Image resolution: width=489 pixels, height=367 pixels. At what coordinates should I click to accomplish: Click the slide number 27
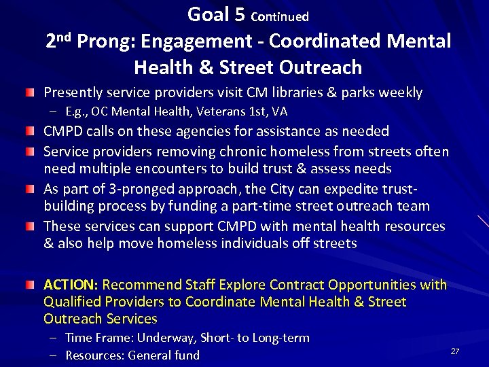click(455, 351)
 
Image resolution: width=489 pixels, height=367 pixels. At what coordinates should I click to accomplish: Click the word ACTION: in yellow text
click(71, 284)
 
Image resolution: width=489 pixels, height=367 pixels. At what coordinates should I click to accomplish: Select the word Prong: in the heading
click(107, 41)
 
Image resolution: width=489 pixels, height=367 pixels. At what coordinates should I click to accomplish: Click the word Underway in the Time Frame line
click(164, 338)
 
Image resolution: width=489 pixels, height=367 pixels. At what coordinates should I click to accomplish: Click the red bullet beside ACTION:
click(30, 284)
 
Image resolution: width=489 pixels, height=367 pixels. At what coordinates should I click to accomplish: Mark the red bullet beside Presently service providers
click(30, 92)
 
